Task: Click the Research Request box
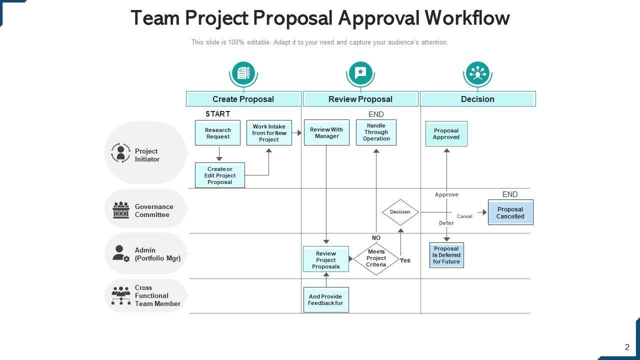coord(217,133)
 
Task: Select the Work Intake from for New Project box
coord(269,133)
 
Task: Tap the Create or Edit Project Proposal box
coord(220,175)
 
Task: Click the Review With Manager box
coord(326,132)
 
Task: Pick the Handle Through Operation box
coord(376,132)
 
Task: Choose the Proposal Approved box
coord(446,134)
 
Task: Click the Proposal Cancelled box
coord(510,212)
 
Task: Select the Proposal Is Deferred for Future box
coord(446,255)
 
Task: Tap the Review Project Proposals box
coord(325,259)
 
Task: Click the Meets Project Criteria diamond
coord(376,258)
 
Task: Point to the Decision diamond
coord(400,212)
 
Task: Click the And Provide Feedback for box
coord(326,300)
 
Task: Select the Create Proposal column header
coord(243,99)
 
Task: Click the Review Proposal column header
coord(360,99)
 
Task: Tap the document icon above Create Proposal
coord(243,73)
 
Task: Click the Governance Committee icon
coord(121,210)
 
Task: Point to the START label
coord(218,114)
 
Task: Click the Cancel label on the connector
coord(464,216)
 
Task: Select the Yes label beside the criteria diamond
coord(405,260)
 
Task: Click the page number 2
coord(627,347)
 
